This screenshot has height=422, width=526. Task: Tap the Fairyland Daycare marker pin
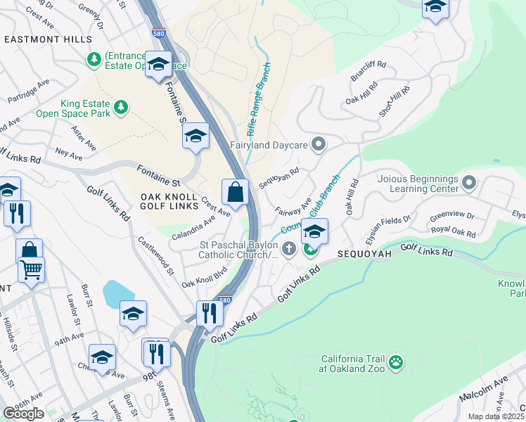pyautogui.click(x=319, y=145)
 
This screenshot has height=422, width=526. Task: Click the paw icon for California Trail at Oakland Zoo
pyautogui.click(x=397, y=362)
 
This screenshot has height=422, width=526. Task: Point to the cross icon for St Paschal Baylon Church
pyautogui.click(x=288, y=249)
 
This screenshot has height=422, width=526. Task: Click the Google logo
pyautogui.click(x=23, y=413)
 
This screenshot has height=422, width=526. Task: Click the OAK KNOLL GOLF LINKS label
pyautogui.click(x=171, y=202)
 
